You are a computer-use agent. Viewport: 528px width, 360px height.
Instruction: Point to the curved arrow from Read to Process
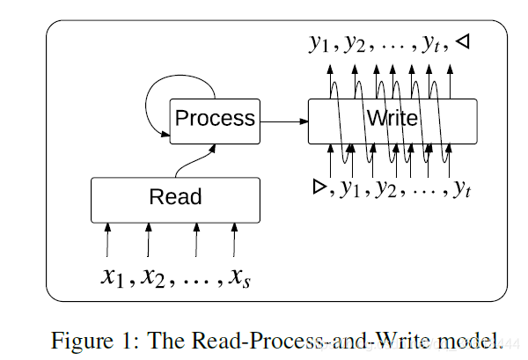(x=195, y=161)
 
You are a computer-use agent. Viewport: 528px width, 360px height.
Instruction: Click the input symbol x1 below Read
(x=112, y=276)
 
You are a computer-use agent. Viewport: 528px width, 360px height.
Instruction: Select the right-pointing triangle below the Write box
(x=319, y=187)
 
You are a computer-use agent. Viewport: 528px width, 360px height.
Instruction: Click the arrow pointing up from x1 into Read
(x=107, y=240)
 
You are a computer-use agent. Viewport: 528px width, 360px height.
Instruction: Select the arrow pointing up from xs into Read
(x=234, y=240)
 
